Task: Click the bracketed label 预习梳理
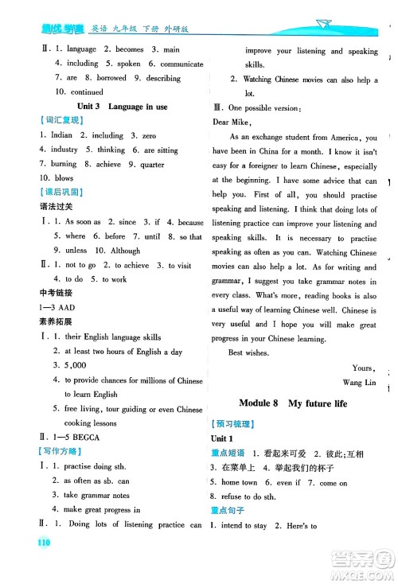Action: coord(230,425)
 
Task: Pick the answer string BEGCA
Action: coord(85,438)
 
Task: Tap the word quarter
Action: coord(150,164)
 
